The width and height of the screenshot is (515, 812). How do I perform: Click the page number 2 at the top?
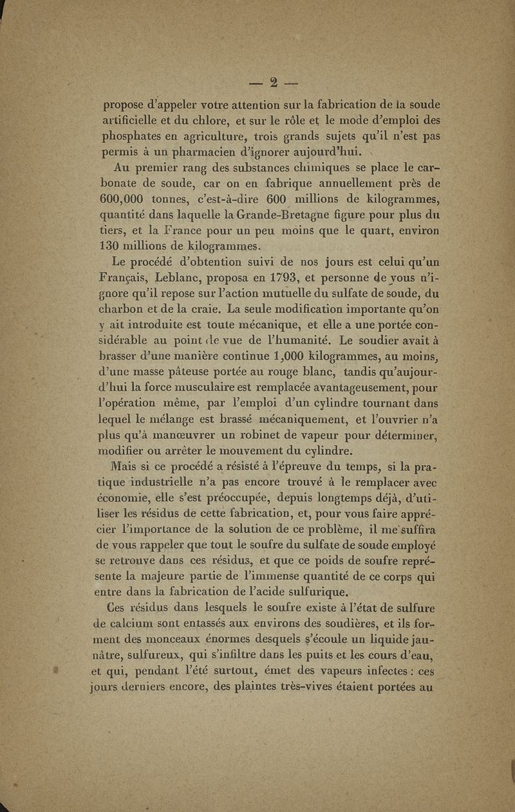(x=274, y=82)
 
